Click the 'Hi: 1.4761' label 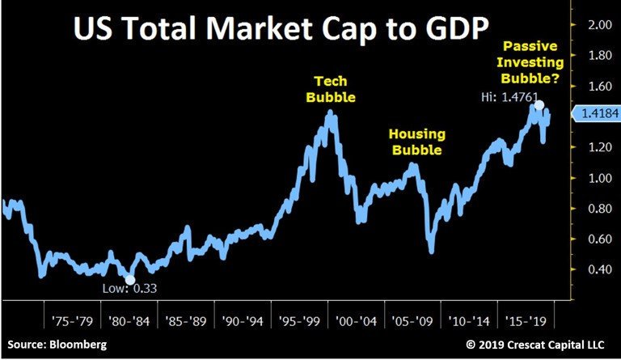click(505, 119)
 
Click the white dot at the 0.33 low click(131, 280)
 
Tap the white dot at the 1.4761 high click(539, 105)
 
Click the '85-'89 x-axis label click(184, 311)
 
